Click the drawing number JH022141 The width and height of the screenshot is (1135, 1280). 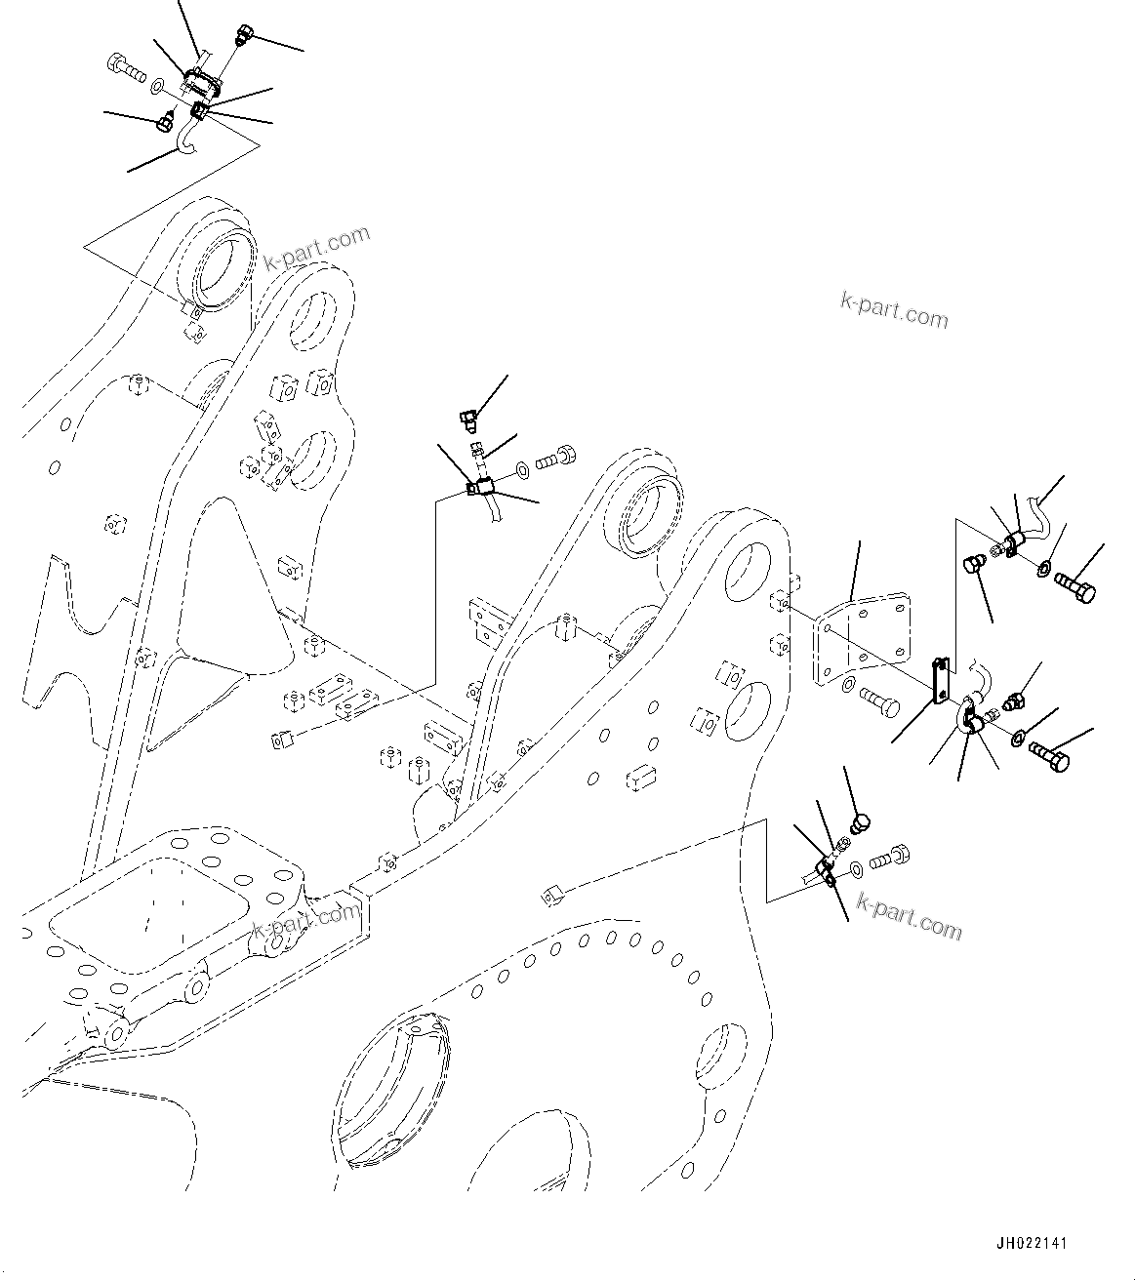[1032, 1244]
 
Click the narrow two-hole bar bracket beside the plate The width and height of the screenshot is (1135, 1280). [938, 679]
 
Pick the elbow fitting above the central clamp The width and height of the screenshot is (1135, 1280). [467, 420]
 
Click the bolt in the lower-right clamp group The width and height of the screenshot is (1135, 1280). [888, 858]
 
